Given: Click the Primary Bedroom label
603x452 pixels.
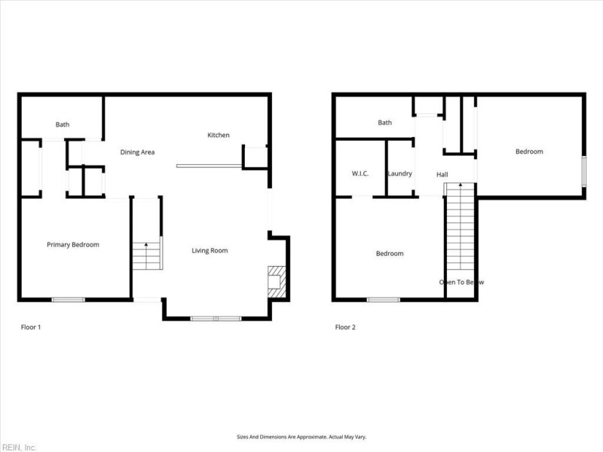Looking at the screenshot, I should (x=73, y=245).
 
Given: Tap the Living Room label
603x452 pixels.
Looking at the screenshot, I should (x=210, y=251).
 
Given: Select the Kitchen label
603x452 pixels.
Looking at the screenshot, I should (x=219, y=136).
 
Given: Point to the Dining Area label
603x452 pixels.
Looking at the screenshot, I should (x=137, y=152).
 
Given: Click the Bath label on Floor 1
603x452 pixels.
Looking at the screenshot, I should (x=63, y=125).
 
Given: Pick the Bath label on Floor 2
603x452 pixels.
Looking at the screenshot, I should (x=385, y=123).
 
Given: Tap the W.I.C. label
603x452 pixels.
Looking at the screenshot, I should (x=360, y=174).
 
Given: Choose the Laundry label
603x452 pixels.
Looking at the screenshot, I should (x=399, y=174).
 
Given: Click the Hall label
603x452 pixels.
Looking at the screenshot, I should (x=442, y=175).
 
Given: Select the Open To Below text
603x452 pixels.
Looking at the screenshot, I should (x=461, y=282).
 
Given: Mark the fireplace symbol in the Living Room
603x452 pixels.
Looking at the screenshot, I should (x=276, y=280).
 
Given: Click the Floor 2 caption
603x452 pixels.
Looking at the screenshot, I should (x=345, y=328).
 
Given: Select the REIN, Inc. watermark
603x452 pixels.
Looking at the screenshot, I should (x=19, y=447).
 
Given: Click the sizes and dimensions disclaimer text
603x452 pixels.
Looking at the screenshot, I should (x=301, y=437).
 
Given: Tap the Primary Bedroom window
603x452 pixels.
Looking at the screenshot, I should (x=68, y=300).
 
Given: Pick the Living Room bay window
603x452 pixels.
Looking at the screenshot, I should (x=216, y=319).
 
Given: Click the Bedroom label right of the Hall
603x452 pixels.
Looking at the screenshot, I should (x=529, y=152).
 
